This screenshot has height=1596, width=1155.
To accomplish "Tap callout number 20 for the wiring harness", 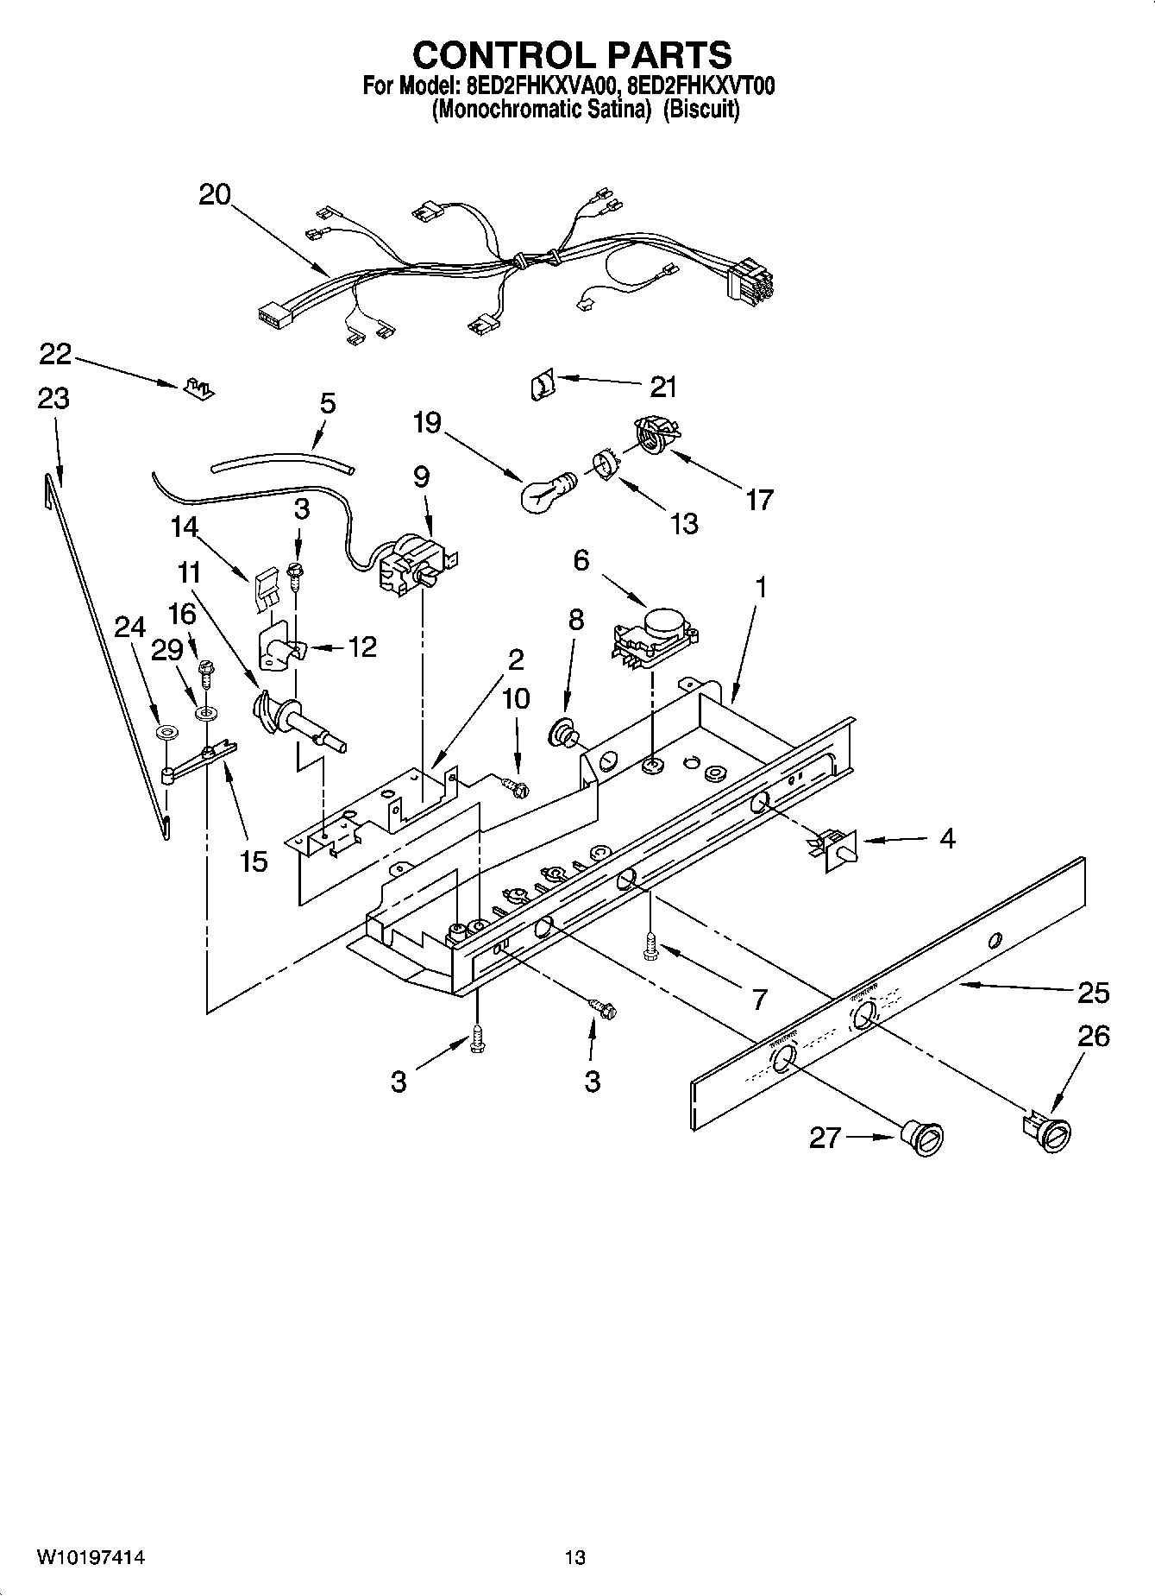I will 215,194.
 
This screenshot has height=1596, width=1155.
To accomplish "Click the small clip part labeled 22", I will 198,388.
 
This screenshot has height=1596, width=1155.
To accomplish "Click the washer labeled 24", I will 165,733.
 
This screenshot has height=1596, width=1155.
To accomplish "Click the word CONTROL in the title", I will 493,55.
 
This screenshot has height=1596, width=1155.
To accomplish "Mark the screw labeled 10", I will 518,785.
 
